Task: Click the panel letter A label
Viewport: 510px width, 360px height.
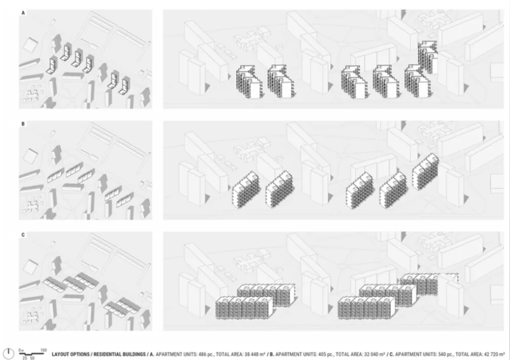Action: [x=23, y=12]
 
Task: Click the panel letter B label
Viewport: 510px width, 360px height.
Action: [x=23, y=124]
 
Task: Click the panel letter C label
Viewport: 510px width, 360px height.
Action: [x=23, y=235]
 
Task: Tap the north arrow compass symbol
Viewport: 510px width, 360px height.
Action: [x=8, y=354]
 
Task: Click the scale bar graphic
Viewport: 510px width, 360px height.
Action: [x=31, y=354]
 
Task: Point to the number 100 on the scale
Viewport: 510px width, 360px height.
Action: [x=44, y=350]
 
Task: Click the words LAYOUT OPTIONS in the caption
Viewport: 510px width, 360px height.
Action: [x=70, y=354]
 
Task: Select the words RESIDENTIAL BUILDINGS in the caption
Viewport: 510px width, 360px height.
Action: [x=120, y=354]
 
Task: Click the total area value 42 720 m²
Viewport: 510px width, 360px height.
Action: [x=494, y=354]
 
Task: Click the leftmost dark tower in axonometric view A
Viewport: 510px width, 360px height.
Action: [x=250, y=82]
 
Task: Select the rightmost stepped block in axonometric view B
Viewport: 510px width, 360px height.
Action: [x=425, y=172]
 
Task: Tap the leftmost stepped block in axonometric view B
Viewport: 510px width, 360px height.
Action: [x=246, y=190]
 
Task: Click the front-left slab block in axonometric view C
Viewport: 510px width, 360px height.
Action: [x=244, y=308]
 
